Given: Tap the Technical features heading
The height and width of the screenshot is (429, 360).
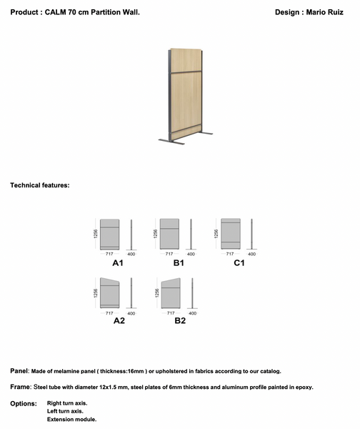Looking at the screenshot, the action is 39,185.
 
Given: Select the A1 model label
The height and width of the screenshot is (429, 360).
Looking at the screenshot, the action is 118,263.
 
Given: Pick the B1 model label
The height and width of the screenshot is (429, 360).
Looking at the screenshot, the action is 179,263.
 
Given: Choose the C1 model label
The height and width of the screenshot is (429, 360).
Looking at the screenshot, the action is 239,263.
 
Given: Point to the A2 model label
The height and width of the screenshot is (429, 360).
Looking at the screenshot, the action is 119,320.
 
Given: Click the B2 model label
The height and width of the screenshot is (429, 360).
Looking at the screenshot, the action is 179,320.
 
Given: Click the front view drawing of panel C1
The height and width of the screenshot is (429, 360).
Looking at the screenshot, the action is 231,233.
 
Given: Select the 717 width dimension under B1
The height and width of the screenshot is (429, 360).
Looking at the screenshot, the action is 170,254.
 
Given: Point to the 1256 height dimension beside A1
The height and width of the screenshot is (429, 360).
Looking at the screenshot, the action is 95,233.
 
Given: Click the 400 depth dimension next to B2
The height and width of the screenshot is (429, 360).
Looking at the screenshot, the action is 191,313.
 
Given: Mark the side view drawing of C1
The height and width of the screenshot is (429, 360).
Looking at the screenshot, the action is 252,235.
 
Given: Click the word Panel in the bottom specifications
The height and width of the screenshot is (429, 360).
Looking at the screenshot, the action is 19,371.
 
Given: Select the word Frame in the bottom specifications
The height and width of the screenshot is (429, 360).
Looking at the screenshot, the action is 20,387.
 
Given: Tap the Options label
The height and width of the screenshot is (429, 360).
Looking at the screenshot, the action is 24,403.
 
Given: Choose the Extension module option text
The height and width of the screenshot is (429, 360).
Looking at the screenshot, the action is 71,419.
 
